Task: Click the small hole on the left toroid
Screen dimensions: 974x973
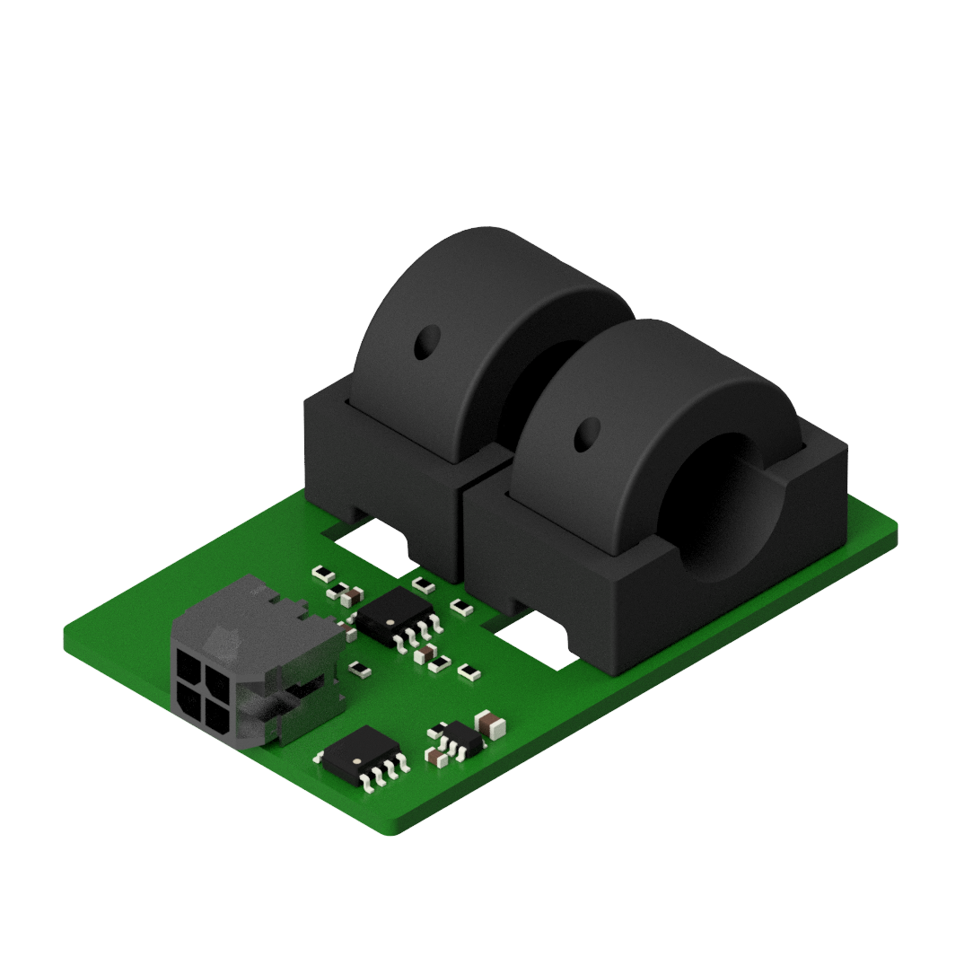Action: pos(425,342)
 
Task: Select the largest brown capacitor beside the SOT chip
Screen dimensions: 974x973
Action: pos(490,723)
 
